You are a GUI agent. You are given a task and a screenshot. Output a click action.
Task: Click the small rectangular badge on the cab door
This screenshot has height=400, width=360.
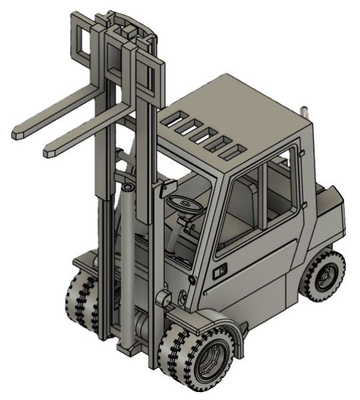point(219,271)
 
